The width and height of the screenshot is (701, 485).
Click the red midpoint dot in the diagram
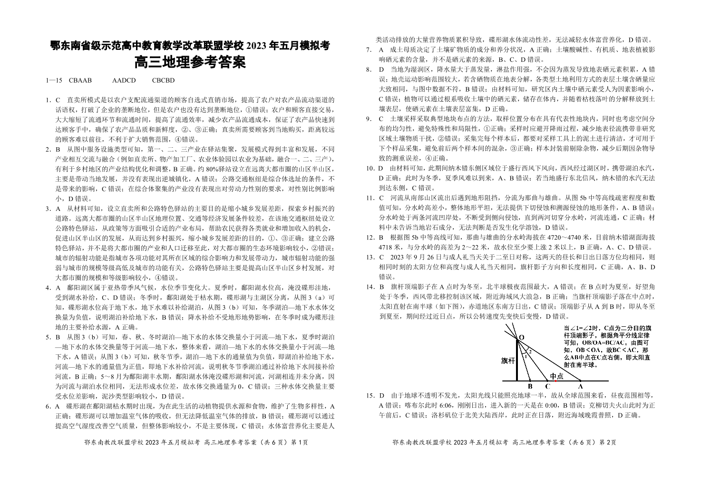click(555, 381)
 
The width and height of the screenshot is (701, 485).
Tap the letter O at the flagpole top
click(521, 337)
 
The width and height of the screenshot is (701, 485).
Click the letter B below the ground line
click(530, 386)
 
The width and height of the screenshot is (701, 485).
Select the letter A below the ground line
click(581, 386)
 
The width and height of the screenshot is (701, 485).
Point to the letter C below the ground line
click(547, 386)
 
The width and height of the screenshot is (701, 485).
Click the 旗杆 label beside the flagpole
click(508, 361)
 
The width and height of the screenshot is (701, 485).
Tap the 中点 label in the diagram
click(556, 376)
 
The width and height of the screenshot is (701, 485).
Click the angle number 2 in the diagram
click(530, 352)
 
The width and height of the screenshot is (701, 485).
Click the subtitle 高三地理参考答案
click(190, 63)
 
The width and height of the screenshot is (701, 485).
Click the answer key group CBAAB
click(80, 80)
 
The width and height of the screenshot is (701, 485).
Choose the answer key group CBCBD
click(163, 80)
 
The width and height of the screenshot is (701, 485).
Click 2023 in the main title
click(257, 47)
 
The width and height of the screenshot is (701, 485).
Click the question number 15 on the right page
click(370, 395)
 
